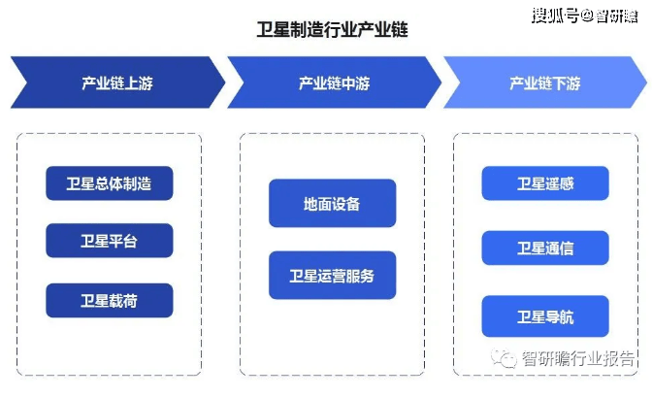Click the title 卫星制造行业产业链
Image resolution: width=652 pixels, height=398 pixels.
point(332,29)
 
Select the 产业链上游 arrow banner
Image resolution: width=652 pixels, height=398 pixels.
point(117,83)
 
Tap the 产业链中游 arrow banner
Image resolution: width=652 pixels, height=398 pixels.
point(335,83)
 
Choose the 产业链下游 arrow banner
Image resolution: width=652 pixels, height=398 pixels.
point(545,83)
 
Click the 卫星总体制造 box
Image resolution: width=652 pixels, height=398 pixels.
point(110,183)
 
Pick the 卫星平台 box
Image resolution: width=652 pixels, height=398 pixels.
point(110,241)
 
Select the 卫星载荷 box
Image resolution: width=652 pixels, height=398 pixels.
point(110,300)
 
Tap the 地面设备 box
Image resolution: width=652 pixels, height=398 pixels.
point(332,203)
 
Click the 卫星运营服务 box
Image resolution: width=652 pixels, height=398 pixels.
point(332,275)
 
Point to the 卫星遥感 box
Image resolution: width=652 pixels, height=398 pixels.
point(545,183)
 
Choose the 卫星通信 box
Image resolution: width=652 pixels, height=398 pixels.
point(545,248)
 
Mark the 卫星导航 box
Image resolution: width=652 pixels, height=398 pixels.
point(545,316)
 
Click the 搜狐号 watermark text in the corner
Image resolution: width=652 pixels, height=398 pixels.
point(556,16)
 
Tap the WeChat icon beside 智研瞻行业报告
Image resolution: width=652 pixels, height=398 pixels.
point(504,358)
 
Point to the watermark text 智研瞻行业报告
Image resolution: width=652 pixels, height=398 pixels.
point(578,358)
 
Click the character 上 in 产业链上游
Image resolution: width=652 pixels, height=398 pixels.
point(131,83)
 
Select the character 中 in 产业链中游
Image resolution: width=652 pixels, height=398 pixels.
point(348,83)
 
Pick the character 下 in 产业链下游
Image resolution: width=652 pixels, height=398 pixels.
point(559,83)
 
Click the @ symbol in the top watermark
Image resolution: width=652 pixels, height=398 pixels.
point(587,16)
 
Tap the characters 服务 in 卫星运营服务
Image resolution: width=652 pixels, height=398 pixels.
point(360,276)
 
